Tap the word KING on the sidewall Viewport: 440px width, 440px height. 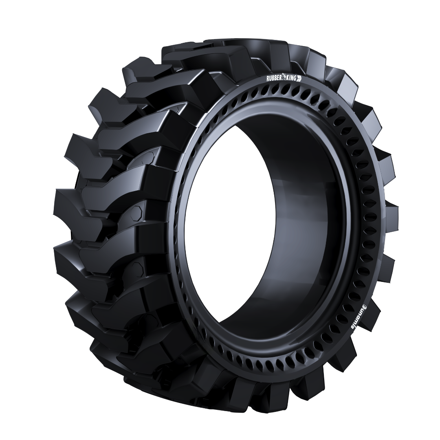(x=291, y=79)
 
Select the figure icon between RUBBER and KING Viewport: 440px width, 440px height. (x=284, y=78)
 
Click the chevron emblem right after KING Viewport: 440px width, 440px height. (x=299, y=79)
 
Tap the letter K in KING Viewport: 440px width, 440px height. (x=288, y=78)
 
